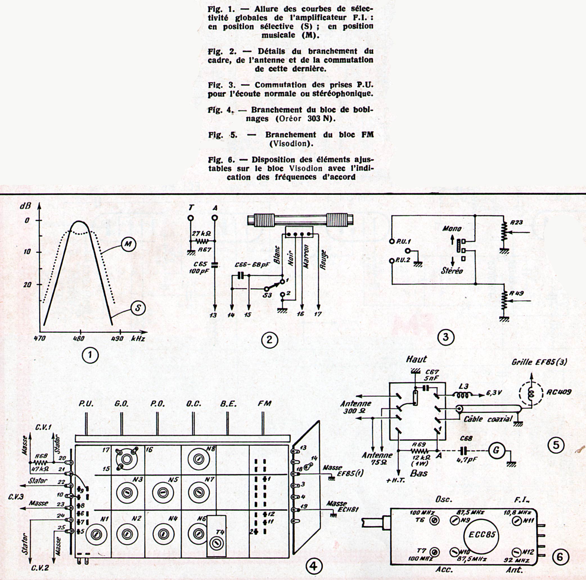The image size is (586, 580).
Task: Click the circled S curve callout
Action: point(138,308)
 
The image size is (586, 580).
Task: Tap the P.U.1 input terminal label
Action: point(403,242)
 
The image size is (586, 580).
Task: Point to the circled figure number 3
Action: point(445,337)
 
